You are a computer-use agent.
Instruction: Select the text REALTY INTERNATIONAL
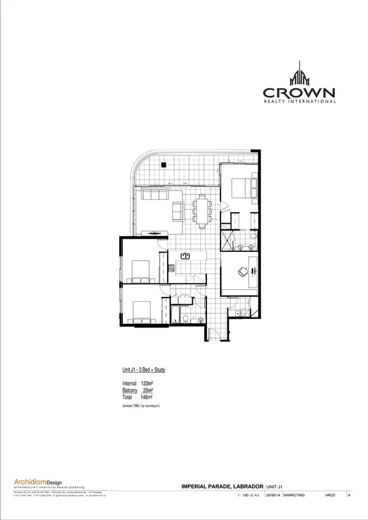pyautogui.click(x=300, y=102)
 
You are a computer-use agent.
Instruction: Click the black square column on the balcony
pyautogui.click(x=163, y=164)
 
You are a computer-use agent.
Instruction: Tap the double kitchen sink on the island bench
pyautogui.click(x=186, y=256)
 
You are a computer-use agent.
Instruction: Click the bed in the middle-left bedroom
pyautogui.click(x=140, y=269)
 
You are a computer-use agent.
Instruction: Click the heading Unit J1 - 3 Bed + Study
pyautogui.click(x=140, y=370)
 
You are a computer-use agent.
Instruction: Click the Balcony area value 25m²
pyautogui.click(x=148, y=390)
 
